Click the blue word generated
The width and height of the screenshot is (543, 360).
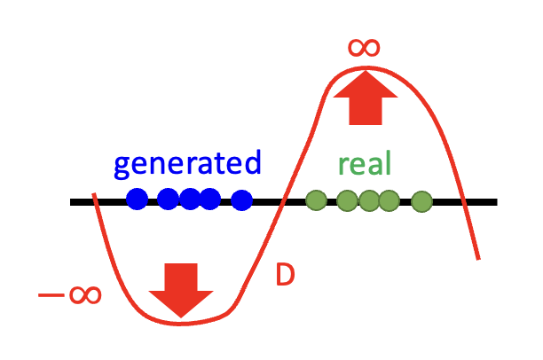click(x=188, y=164)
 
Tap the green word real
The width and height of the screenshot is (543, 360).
click(x=365, y=164)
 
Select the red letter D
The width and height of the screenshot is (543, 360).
click(x=284, y=276)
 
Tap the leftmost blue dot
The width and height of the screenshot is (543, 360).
click(x=137, y=200)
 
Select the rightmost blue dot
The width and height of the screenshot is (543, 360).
click(x=241, y=200)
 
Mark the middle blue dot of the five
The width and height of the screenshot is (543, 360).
click(x=190, y=200)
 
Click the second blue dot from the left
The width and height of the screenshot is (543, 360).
click(x=169, y=200)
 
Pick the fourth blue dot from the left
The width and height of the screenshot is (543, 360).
click(x=209, y=200)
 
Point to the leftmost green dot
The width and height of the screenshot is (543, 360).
click(x=315, y=200)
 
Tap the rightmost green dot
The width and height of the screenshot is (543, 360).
click(x=423, y=201)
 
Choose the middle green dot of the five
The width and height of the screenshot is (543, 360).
click(x=369, y=201)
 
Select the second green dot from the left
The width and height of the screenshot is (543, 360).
click(x=347, y=201)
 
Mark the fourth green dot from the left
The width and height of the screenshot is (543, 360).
click(x=389, y=201)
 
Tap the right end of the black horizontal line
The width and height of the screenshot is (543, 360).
click(x=494, y=202)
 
